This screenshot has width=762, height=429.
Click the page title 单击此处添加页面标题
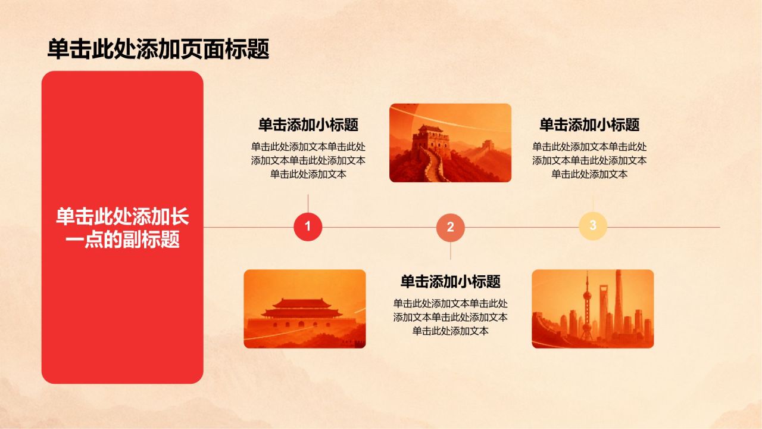point(158,49)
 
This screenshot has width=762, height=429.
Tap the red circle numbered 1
point(308,227)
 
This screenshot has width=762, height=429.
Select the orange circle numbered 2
point(451,228)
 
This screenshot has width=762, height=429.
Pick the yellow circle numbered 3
point(593,226)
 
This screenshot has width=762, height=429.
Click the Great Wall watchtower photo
point(451,142)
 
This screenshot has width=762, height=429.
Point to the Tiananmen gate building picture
point(305,309)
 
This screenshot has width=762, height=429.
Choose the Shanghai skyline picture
point(592,309)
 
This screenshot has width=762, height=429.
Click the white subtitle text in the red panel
point(123,228)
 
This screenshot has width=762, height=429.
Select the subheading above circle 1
point(308,125)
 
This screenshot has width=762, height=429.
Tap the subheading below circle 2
point(451,282)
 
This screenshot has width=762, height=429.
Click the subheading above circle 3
point(589,125)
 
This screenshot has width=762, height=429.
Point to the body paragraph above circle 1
point(308,160)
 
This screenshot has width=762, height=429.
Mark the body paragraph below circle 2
point(451,317)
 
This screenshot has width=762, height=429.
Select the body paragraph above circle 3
point(589,160)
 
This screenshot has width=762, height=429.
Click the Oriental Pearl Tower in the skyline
point(587,306)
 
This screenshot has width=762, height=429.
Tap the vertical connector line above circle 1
point(308,204)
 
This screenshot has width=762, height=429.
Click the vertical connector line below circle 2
point(451,251)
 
